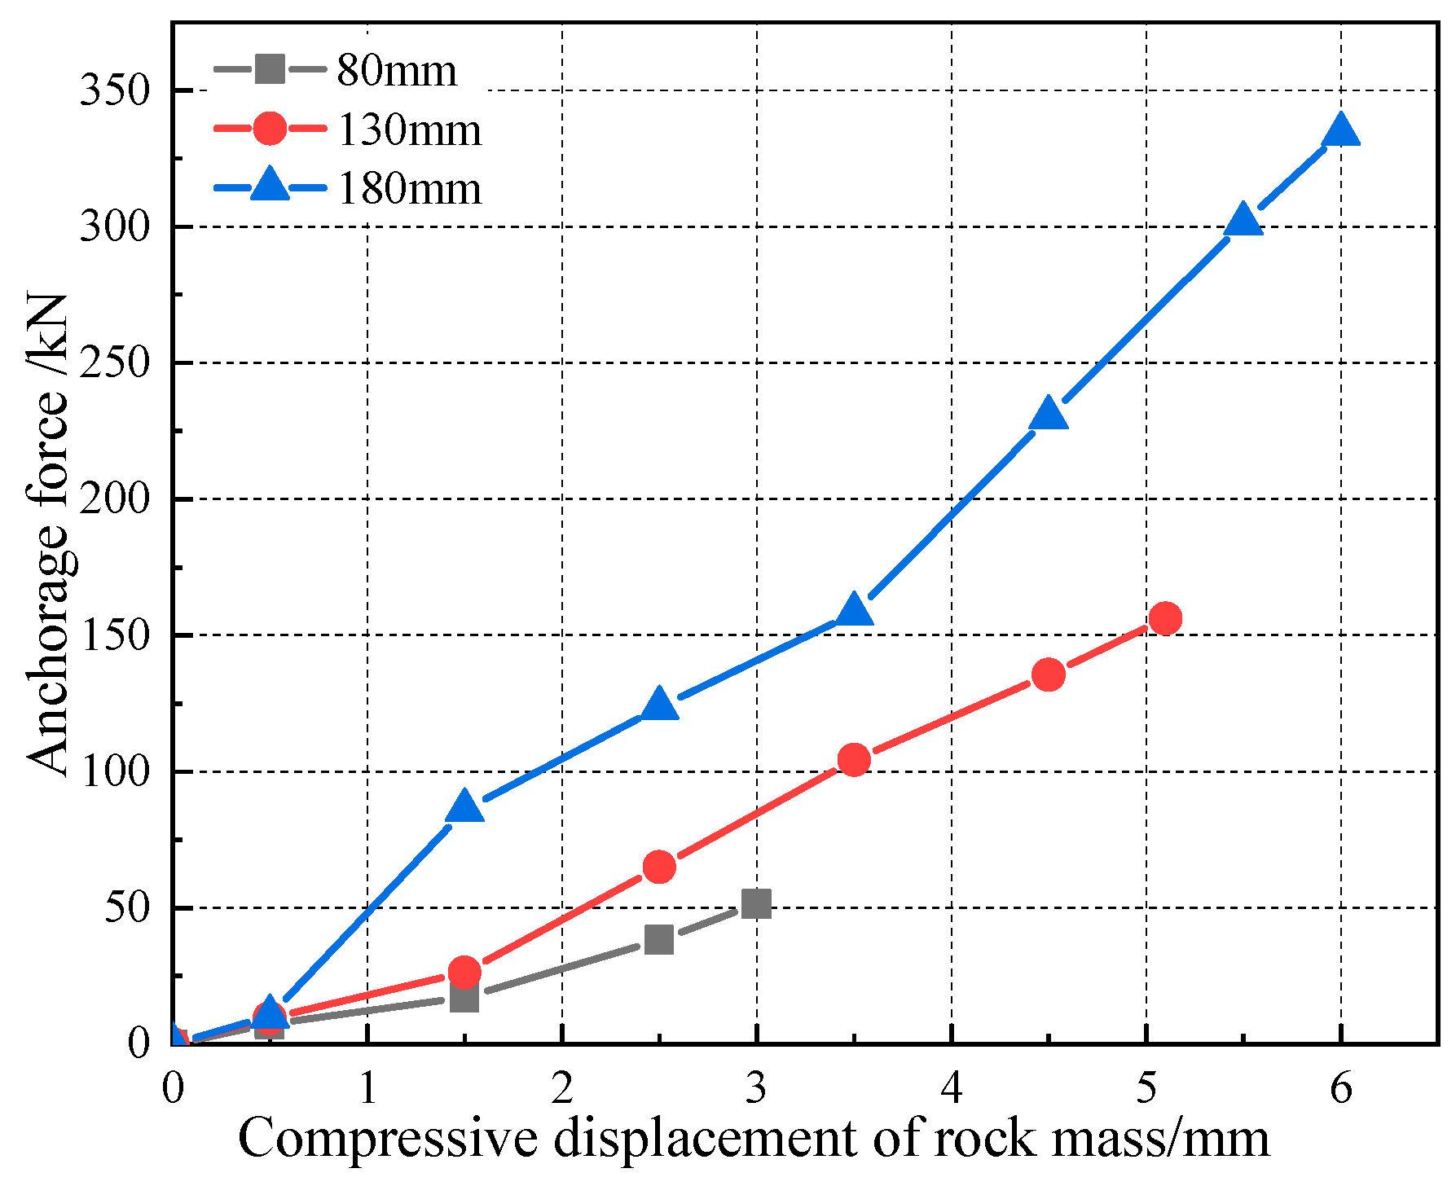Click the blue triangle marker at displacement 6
coord(1341,132)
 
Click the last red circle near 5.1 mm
coord(1165,618)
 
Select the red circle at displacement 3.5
coord(854,759)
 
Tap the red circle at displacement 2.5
coord(659,866)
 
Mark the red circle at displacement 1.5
coord(464,972)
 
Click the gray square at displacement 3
coord(757,903)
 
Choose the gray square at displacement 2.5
coord(659,939)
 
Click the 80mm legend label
coord(397,71)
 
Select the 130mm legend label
coord(409,130)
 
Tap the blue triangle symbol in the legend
coord(270,186)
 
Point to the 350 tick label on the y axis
coord(116,90)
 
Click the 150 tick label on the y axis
coord(116,635)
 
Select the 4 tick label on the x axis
coord(951,1088)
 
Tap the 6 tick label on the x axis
coord(1341,1088)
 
